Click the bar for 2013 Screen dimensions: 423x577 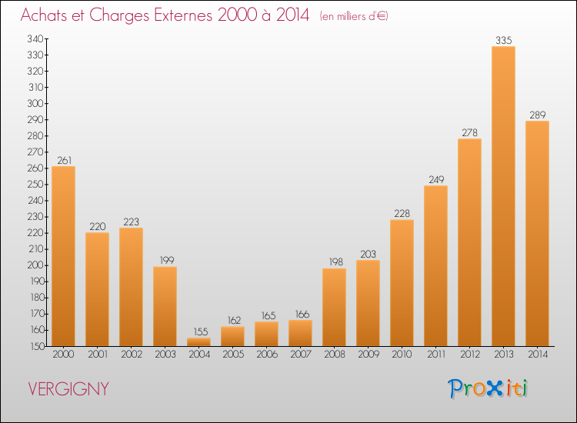(503, 196)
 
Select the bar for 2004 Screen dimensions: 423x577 (198, 342)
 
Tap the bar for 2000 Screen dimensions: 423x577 (63, 256)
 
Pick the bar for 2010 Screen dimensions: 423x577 (402, 283)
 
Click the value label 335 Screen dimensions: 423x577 (503, 41)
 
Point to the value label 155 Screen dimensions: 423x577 (198, 332)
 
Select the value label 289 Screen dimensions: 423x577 (537, 115)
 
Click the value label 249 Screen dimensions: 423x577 (435, 180)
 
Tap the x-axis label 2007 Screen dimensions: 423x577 (300, 355)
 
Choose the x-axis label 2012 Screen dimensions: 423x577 (469, 355)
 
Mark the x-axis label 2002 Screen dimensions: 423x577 (131, 355)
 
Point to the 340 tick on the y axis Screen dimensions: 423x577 (34, 38)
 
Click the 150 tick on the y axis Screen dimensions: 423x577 (34, 346)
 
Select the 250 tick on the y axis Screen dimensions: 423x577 (34, 185)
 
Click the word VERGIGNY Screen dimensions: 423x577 (68, 389)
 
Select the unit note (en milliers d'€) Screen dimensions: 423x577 (353, 16)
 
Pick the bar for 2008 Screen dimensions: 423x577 (334, 307)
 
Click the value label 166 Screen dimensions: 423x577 (300, 315)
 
